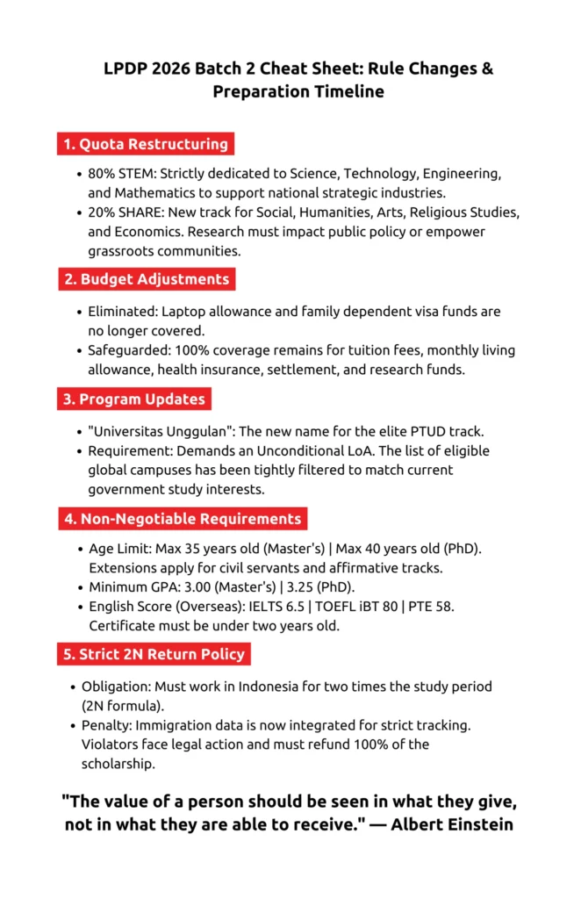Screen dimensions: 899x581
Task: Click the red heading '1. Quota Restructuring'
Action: point(146,144)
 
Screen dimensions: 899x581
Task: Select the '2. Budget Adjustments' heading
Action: point(147,280)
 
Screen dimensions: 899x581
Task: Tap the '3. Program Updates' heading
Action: point(134,399)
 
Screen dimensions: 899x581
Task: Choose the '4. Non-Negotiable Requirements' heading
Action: point(183,518)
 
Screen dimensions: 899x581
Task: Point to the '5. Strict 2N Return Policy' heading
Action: point(154,654)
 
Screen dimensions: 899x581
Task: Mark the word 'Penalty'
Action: point(108,725)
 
